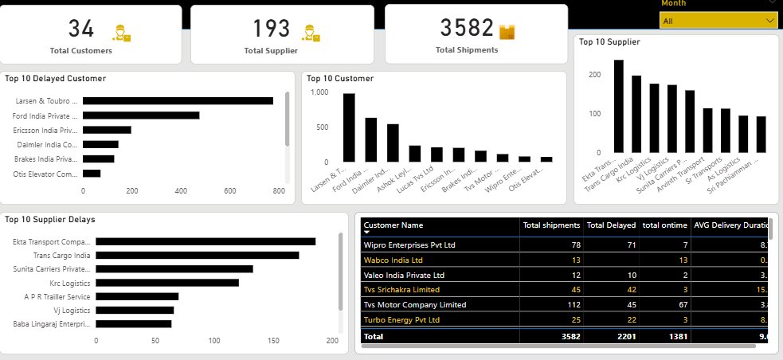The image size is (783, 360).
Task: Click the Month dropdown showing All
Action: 718,22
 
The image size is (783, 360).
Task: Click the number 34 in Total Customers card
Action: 81,29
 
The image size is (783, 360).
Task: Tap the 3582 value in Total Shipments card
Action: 467,29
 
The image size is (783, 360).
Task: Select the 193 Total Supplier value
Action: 272,29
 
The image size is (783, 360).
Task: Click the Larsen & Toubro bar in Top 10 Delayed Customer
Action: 178,101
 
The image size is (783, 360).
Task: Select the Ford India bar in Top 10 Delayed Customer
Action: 141,115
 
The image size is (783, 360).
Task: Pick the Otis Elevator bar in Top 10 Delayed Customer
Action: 92,173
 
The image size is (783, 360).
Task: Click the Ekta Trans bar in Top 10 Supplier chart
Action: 618,106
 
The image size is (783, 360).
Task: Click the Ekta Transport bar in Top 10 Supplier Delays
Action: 204,241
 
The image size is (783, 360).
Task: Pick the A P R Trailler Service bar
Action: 136,296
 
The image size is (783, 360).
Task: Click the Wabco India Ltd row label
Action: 393,260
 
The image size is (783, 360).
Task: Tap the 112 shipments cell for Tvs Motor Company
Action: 570,304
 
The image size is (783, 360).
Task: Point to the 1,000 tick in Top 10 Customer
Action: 318,92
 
